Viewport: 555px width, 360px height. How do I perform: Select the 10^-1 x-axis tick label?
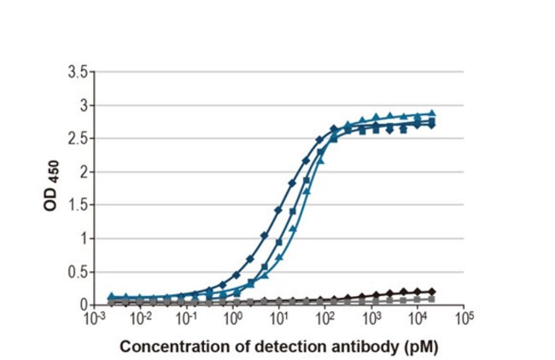pyautogui.click(x=186, y=317)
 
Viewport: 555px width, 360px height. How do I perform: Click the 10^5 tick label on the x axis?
pyautogui.click(x=464, y=317)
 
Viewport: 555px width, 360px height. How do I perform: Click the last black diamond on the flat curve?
pyautogui.click(x=432, y=292)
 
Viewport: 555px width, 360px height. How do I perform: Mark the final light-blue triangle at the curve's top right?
pyautogui.click(x=432, y=113)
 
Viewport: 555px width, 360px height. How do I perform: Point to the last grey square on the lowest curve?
pyautogui.click(x=432, y=299)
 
